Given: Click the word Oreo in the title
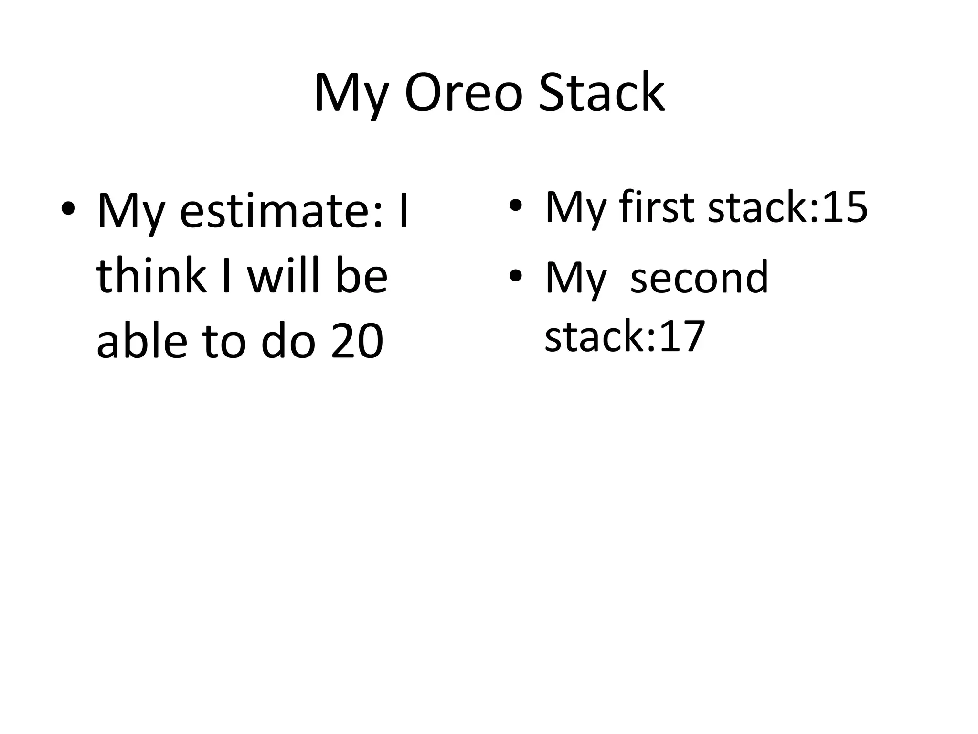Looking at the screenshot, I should pyautogui.click(x=463, y=93).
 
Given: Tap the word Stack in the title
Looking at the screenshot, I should pyautogui.click(x=601, y=93).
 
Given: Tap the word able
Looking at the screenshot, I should pyautogui.click(x=142, y=340).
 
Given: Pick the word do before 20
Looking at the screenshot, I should pyautogui.click(x=288, y=340).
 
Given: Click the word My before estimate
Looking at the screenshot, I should pyautogui.click(x=131, y=213).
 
